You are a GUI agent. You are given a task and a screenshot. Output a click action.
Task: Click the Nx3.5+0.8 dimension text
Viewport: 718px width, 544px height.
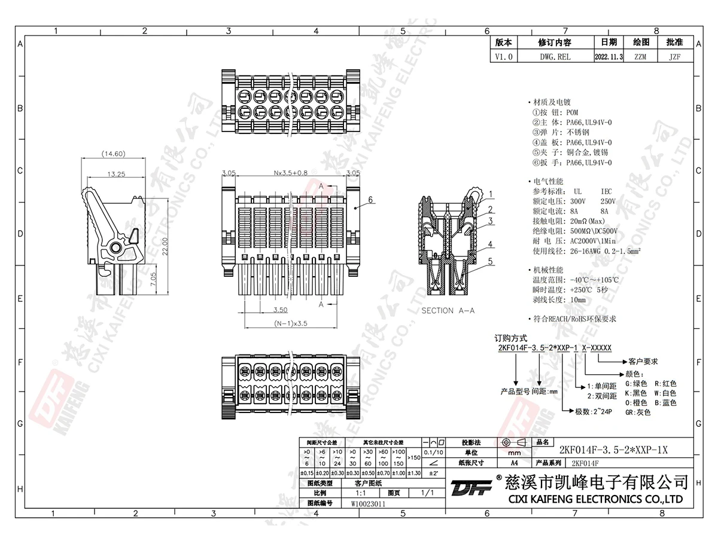291,173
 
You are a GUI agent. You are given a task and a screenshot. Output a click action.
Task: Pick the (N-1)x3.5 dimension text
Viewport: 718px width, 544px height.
291,323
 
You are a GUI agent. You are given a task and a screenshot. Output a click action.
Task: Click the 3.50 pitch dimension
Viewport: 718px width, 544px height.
280,310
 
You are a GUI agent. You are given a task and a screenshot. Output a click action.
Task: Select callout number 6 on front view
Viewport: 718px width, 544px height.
371,200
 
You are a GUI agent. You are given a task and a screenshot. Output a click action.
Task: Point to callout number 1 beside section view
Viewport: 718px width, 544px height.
490,194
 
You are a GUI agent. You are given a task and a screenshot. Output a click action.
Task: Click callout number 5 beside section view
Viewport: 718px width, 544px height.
490,261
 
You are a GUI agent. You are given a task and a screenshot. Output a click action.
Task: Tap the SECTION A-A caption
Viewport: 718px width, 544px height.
448,311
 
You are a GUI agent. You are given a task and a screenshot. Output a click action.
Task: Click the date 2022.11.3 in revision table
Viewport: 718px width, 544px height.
609,57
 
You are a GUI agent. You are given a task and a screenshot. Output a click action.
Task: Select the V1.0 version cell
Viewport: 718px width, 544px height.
504,57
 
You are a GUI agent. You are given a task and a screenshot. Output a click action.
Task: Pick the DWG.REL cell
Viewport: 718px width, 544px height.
555,57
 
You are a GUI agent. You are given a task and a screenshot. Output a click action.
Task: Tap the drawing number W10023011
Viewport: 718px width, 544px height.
368,504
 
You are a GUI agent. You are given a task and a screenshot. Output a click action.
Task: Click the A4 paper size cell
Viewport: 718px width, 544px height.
514,463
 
